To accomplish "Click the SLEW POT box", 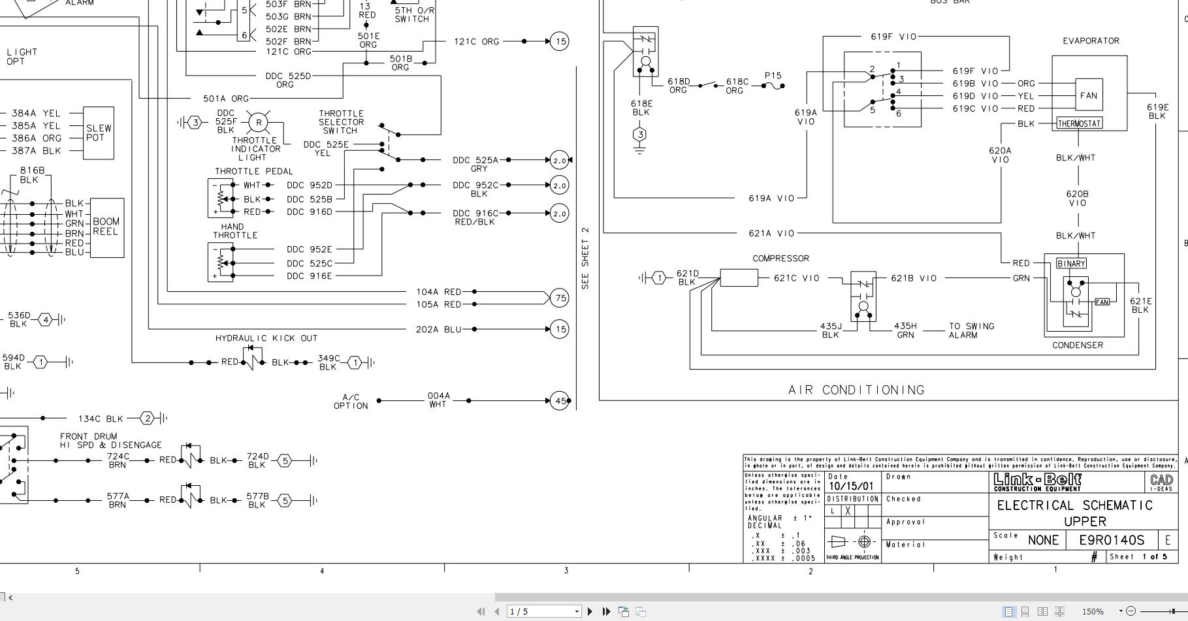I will (x=99, y=133).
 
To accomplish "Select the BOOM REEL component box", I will (x=106, y=227).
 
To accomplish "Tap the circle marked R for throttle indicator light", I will (x=259, y=122).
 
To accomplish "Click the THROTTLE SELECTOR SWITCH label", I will (x=341, y=122).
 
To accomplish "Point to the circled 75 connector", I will (x=560, y=298).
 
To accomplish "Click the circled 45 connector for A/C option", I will (x=560, y=400).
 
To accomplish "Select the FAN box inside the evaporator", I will (x=1088, y=95).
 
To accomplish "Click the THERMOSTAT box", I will (x=1080, y=123).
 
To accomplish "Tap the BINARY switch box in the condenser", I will (x=1071, y=264).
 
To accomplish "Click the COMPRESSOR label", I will (x=780, y=259).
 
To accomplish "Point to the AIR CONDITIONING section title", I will (x=856, y=390).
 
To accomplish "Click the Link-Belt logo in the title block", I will (x=1037, y=482).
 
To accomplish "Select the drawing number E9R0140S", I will (x=1112, y=540).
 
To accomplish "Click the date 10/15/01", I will (x=851, y=486).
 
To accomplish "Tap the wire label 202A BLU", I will (x=438, y=329).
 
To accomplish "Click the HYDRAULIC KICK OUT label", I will (x=266, y=338).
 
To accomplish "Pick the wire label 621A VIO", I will (x=771, y=233).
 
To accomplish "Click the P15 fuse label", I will (x=773, y=76).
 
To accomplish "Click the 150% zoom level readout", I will (x=1093, y=612).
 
